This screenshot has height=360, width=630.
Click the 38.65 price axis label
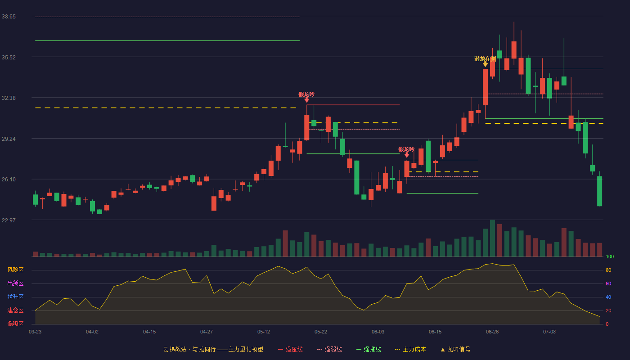pyautogui.click(x=9, y=17)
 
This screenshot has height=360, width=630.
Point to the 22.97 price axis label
pyautogui.click(x=9, y=220)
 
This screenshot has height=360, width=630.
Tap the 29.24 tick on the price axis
pyautogui.click(x=9, y=139)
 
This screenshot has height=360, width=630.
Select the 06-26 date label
pyautogui.click(x=492, y=332)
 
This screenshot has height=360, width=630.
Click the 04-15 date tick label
pyautogui.click(x=149, y=332)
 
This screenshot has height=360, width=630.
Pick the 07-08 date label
pyautogui.click(x=549, y=332)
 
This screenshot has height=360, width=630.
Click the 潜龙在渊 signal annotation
pyautogui.click(x=485, y=59)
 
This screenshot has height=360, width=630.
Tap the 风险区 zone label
pyautogui.click(x=15, y=270)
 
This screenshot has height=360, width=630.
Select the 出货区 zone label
pyautogui.click(x=15, y=283)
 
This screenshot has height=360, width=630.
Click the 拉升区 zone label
pyautogui.click(x=15, y=297)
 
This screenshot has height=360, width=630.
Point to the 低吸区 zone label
pyautogui.click(x=15, y=324)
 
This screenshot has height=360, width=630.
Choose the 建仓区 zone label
pyautogui.click(x=15, y=310)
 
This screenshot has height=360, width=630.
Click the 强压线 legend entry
pyautogui.click(x=290, y=349)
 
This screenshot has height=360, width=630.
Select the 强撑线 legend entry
pyautogui.click(x=369, y=349)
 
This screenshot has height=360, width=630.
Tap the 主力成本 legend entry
pyautogui.click(x=410, y=349)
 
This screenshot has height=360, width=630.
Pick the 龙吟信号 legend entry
pyautogui.click(x=455, y=349)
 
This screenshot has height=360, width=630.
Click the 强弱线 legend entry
pyautogui.click(x=329, y=349)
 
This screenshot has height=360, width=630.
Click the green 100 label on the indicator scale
pyautogui.click(x=610, y=256)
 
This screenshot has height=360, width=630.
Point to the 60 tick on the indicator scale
pyautogui.click(x=608, y=283)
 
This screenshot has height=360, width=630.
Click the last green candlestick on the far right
pyautogui.click(x=599, y=191)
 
